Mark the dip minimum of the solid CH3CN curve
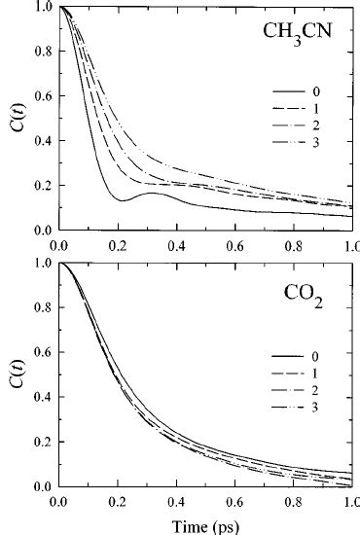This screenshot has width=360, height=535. point(124,200)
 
